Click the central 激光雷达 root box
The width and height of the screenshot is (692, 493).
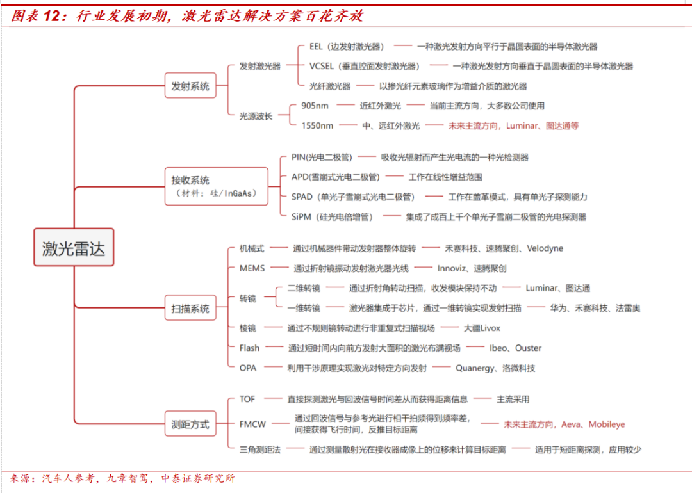74,248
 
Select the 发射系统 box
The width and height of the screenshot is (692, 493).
190,86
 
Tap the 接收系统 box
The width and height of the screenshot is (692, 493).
216,186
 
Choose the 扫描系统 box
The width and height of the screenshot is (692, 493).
190,308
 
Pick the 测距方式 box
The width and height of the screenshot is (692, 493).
190,424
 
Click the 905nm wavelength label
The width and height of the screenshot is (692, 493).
315,106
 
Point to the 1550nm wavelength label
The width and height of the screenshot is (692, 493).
317,126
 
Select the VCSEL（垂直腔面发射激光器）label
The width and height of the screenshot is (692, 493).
365,66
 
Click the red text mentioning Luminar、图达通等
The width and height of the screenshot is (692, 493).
513,126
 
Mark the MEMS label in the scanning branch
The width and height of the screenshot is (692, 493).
252,268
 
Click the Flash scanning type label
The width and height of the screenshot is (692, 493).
250,348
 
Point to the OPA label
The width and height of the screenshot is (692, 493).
248,368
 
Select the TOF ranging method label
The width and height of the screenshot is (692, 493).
247,399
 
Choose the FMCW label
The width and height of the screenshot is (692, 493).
252,424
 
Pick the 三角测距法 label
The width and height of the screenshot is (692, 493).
260,449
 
